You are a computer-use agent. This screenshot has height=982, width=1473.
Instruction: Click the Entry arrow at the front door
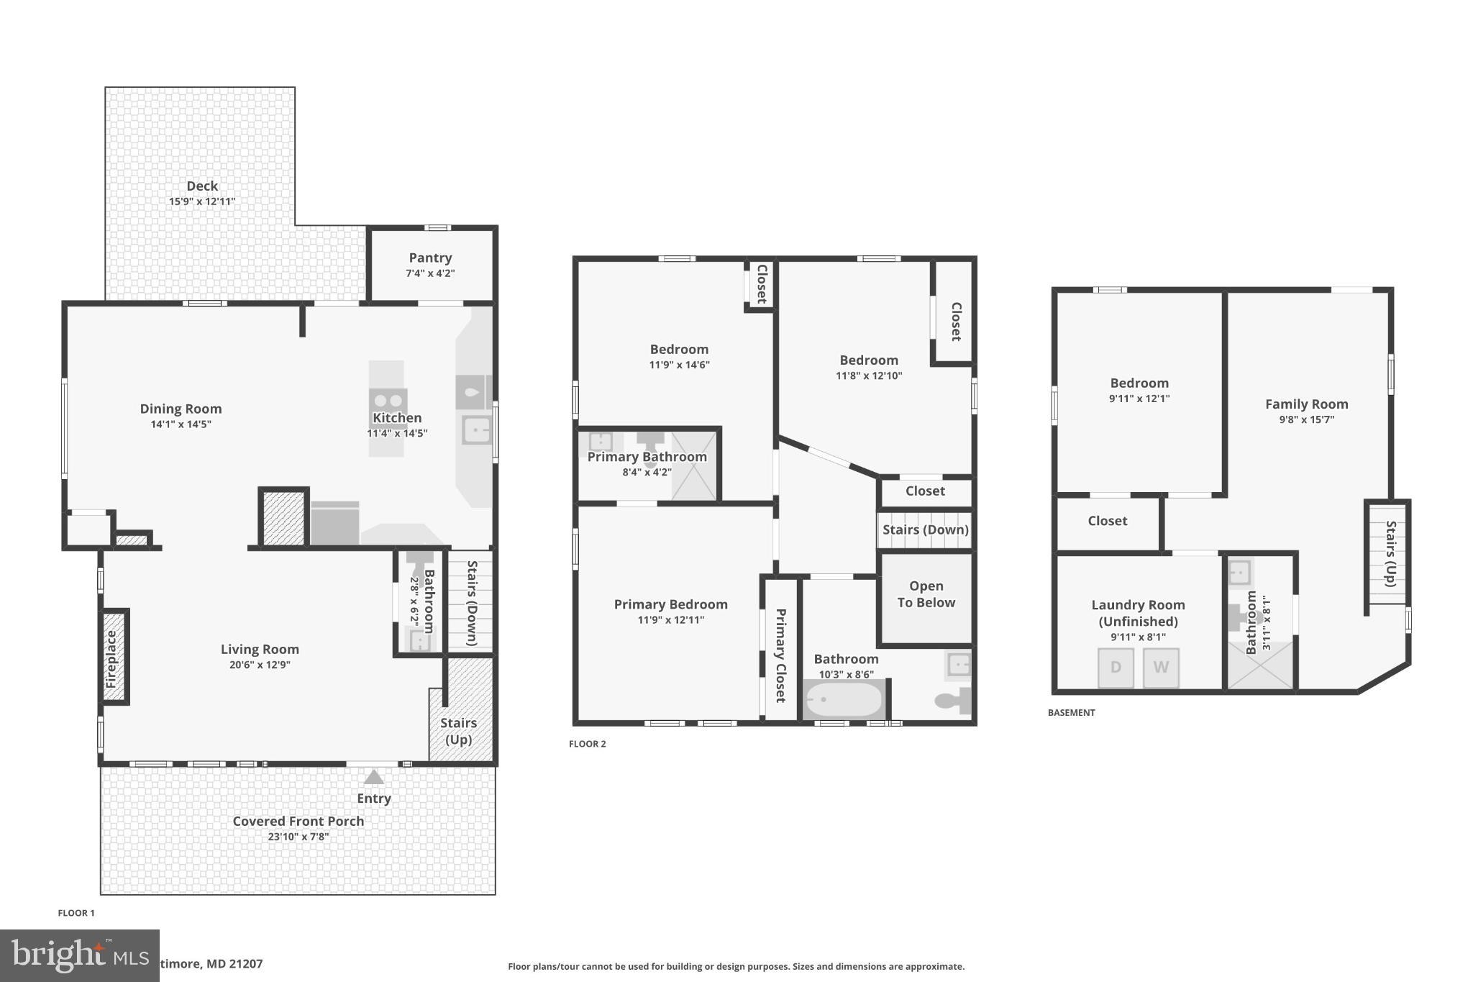[x=373, y=777]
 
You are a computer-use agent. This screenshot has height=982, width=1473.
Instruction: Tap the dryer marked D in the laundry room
[x=1116, y=667]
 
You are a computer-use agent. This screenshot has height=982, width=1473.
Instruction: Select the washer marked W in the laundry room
[x=1160, y=667]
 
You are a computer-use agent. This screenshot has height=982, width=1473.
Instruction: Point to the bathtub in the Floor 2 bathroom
[x=844, y=699]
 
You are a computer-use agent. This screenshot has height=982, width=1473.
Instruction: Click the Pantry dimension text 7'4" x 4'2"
[x=430, y=273]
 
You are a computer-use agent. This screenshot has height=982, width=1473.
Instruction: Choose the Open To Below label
[x=926, y=594]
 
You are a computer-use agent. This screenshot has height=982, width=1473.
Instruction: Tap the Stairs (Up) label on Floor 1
[x=458, y=731]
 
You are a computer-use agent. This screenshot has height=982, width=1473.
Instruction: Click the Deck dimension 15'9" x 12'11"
[x=202, y=201]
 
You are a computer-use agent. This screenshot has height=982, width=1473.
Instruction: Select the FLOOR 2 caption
[x=588, y=744]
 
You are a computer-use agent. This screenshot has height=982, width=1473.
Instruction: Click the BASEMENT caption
[x=1071, y=712]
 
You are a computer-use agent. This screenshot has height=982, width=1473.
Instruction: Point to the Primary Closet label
[x=780, y=655]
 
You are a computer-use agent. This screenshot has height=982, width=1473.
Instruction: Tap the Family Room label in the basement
[x=1306, y=404]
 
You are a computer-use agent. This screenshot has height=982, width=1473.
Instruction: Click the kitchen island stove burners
[x=388, y=401]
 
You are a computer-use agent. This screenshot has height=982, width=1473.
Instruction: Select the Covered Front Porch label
[x=298, y=821]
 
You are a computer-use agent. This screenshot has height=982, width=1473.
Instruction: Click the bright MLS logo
[x=79, y=955]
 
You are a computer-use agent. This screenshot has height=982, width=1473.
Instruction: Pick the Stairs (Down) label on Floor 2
[x=925, y=529]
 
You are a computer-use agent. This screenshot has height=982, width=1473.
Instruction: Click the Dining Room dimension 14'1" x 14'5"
[x=181, y=424]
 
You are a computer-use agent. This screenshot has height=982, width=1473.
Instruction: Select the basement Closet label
[x=1107, y=521]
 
